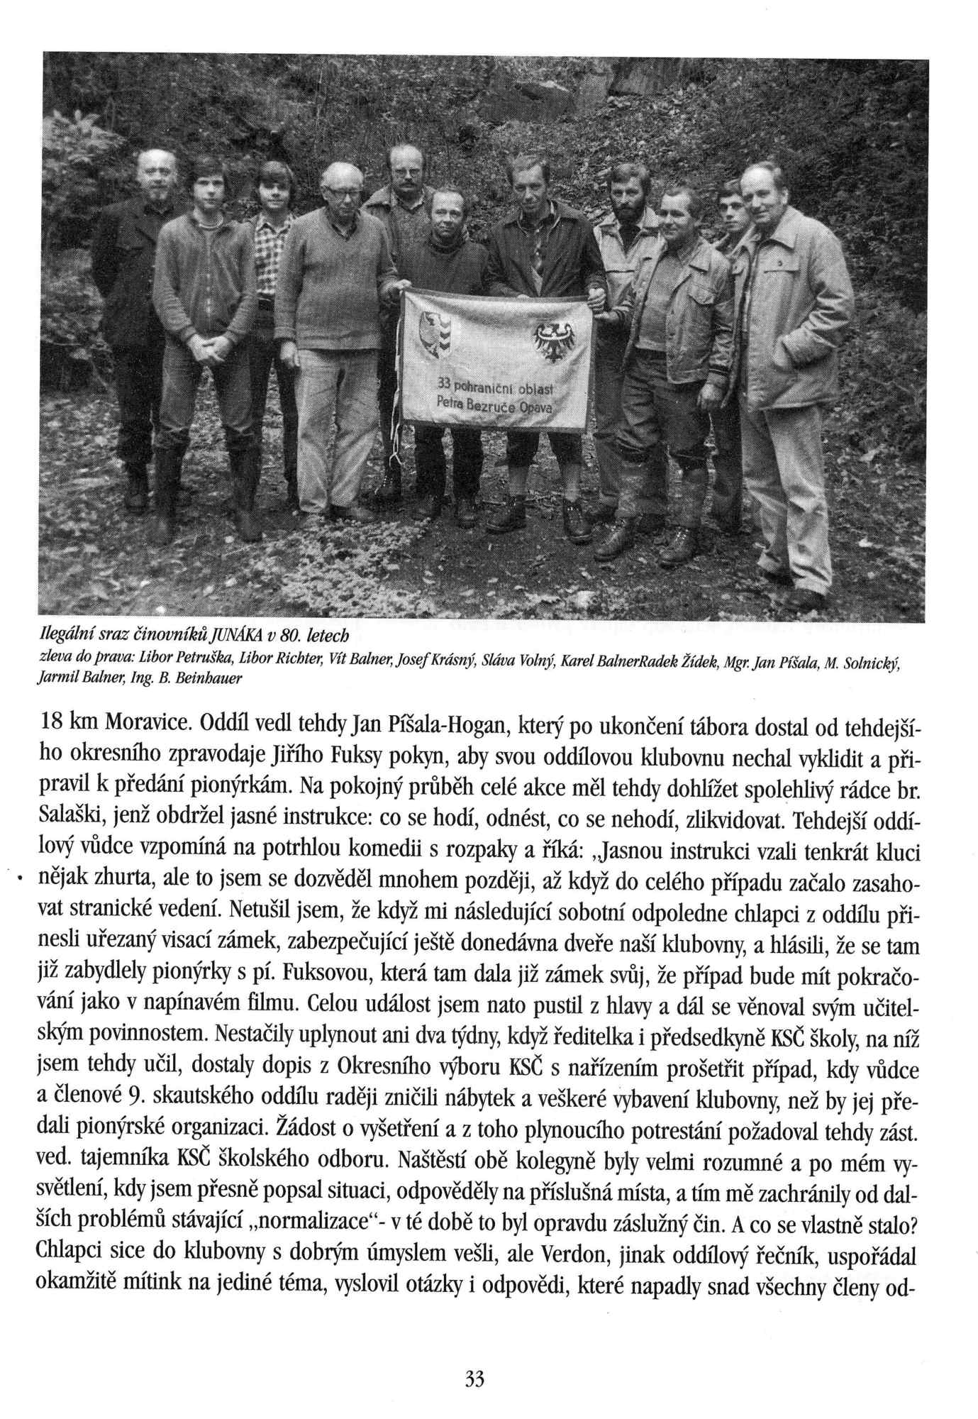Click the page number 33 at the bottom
(474, 1379)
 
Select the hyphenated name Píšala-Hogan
(417, 726)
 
